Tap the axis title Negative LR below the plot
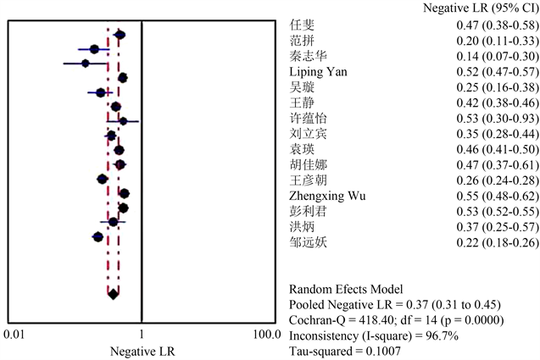point(140,350)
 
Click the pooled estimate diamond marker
point(113,295)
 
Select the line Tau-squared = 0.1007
point(344,350)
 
